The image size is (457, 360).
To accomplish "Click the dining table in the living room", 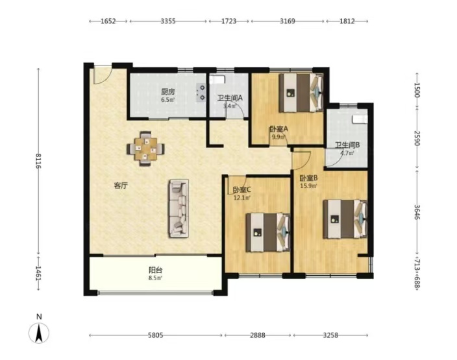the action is pos(145,149).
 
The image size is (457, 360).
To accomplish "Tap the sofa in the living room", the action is pos(179,208).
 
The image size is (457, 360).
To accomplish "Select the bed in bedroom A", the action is pos(301,93).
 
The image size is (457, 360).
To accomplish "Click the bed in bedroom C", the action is pos(268,232).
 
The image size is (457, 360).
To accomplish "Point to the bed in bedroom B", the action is pos(345,219).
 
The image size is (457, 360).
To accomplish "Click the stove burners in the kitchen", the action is pos(201,93).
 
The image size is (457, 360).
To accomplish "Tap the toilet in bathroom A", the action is pos(217,79).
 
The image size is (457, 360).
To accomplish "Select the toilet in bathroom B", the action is pos(360,119).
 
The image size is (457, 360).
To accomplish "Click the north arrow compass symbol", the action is pos(39,333).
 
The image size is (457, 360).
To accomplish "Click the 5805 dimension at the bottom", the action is pos(155,335).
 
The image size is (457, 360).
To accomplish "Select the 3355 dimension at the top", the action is pos(168,21).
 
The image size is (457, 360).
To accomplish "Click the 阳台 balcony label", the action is pos(155,270).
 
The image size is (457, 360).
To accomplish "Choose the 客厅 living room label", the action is pos(121,186).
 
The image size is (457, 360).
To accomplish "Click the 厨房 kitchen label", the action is pos(168,91).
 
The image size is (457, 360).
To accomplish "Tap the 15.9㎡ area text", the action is pos(308,186).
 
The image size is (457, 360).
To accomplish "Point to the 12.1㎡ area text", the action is pos(242,197).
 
